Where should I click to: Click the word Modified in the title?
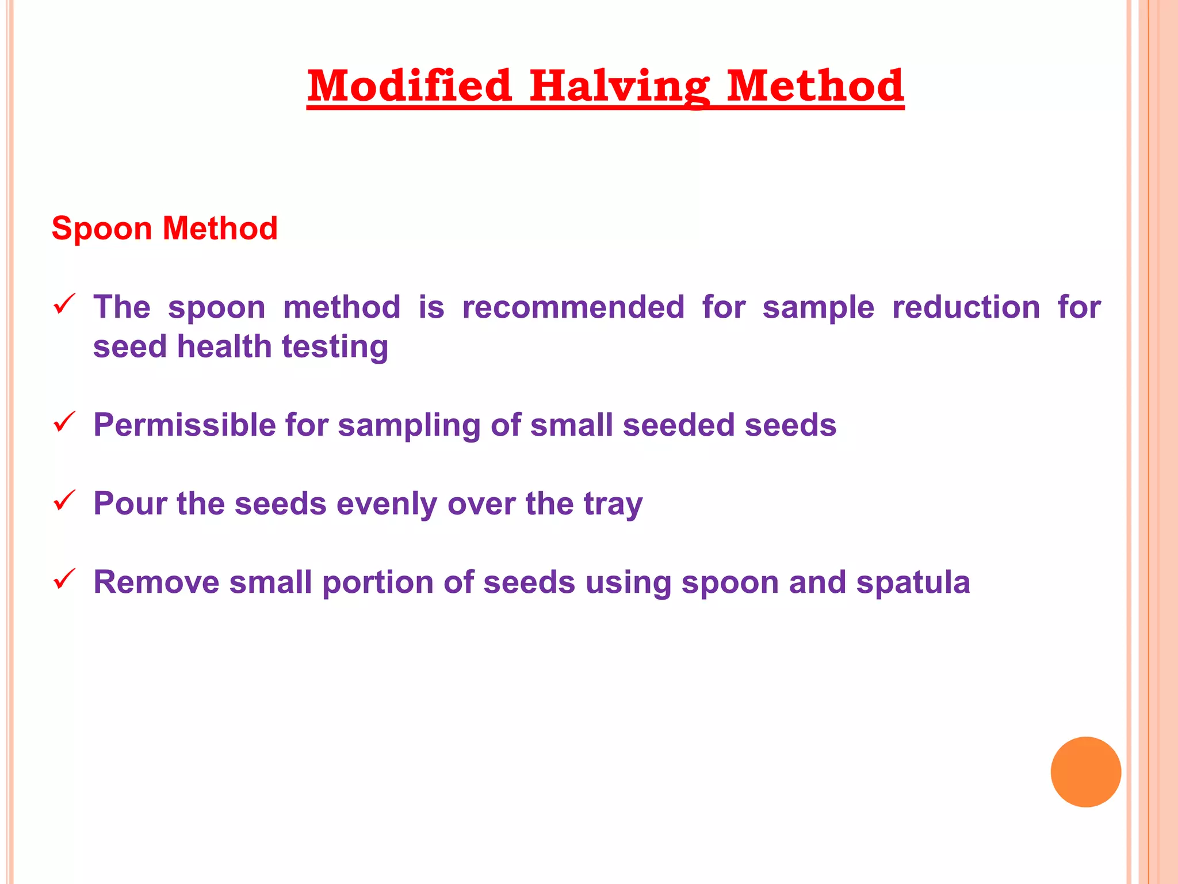pyautogui.click(x=409, y=86)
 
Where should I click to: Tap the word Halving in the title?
pyautogui.click(x=619, y=86)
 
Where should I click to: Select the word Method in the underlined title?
pyautogui.click(x=814, y=86)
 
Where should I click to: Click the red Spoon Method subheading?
pyautogui.click(x=165, y=228)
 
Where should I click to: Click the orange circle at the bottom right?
pyautogui.click(x=1085, y=772)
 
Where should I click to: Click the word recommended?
pyautogui.click(x=573, y=307)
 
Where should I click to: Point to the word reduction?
pyautogui.click(x=966, y=307)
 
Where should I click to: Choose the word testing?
pyautogui.click(x=335, y=348)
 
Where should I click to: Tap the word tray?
pyautogui.click(x=613, y=505)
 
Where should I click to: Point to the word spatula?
pyautogui.click(x=913, y=583)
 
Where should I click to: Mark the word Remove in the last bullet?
pyautogui.click(x=156, y=582)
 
